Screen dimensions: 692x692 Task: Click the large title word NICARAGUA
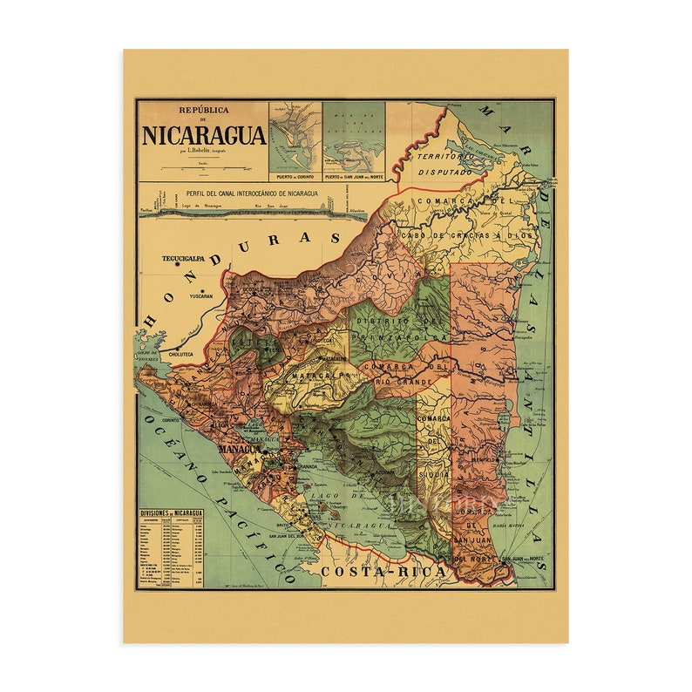point(204,135)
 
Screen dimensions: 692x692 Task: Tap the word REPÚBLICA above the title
point(204,111)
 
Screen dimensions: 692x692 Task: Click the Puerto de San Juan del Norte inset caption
point(354,176)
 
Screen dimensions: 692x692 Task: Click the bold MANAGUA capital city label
point(238,449)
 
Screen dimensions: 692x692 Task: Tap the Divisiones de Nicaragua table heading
point(172,514)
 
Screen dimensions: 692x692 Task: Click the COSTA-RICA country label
point(383,571)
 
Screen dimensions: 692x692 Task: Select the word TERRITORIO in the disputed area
point(444,157)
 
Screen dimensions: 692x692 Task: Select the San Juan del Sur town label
point(295,535)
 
